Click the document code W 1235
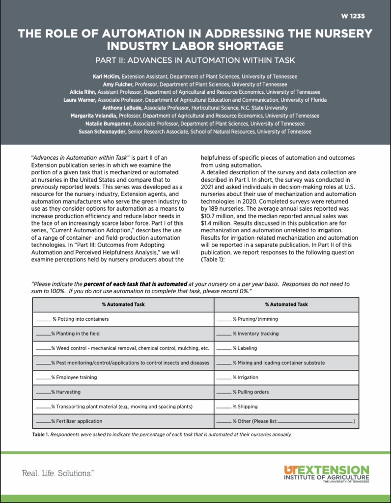(353, 16)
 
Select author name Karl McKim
(107, 77)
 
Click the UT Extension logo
(326, 474)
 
